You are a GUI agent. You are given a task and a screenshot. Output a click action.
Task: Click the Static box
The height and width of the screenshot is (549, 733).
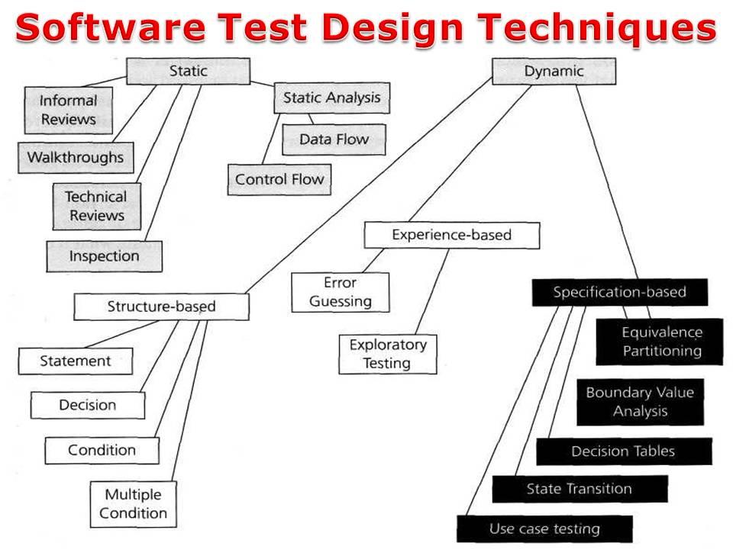(188, 71)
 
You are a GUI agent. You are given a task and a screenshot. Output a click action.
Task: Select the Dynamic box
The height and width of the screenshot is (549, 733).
(554, 71)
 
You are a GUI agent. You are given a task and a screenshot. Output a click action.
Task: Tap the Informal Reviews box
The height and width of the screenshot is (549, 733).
(68, 110)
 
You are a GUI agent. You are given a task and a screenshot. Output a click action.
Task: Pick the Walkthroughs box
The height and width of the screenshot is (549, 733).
(76, 158)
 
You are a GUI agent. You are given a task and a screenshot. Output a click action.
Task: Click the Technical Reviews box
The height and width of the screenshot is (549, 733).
(96, 207)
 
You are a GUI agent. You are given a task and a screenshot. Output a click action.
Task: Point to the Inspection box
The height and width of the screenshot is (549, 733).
(105, 256)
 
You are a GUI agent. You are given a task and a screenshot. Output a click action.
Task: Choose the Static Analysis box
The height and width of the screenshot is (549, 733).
(332, 98)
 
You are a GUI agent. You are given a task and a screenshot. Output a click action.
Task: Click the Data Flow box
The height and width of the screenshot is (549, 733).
(334, 140)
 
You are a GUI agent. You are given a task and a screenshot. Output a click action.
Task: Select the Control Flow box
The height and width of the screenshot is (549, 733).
(279, 179)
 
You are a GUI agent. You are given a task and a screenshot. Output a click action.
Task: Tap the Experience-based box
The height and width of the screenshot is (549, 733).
(451, 235)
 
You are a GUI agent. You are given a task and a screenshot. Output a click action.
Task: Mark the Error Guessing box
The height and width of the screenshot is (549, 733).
(341, 292)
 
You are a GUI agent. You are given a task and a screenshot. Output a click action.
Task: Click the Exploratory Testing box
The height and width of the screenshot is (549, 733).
(388, 355)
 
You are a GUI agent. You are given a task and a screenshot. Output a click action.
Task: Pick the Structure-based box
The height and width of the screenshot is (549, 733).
(161, 307)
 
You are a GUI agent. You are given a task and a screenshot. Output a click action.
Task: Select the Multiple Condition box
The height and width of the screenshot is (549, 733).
(133, 504)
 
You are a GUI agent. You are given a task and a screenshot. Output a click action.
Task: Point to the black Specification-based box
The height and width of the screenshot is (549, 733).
(620, 292)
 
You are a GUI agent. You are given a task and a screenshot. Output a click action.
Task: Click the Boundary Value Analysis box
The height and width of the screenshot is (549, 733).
(640, 402)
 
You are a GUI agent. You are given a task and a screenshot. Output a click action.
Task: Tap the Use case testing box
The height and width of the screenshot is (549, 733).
(544, 529)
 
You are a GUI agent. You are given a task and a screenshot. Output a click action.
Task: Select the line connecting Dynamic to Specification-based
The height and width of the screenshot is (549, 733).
(607, 182)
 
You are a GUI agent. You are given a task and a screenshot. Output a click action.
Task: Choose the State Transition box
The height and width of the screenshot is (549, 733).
(580, 489)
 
